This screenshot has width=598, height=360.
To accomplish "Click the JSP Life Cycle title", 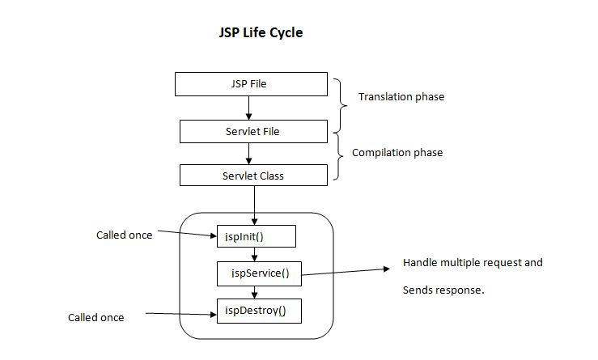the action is coord(261,33).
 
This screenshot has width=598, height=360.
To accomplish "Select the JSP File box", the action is coord(251,84).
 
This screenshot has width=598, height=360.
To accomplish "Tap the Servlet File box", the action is coord(253,132).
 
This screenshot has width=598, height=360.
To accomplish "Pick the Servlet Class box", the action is coord(253,176).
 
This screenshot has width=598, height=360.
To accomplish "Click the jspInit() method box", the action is coord(257,236).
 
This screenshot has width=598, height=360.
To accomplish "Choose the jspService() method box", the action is coord(259,273).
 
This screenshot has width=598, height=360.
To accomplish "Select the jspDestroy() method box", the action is coord(259,311).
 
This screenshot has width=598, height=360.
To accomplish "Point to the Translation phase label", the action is coord(401,97).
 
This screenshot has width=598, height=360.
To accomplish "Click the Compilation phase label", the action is coord(397,153).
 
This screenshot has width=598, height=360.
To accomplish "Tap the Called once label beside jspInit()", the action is coord(125,235).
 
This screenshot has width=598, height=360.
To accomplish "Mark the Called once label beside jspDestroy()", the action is coord(96,317).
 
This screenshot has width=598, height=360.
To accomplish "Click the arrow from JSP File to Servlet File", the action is coord(248,108).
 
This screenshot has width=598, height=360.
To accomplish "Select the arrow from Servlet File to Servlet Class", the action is coord(248,154).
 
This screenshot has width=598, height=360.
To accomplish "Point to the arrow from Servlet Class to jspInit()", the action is coord(254,205).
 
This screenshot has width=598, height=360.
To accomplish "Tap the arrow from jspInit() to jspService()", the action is coord(254,254).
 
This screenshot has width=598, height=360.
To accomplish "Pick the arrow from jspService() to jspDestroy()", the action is coord(254,292).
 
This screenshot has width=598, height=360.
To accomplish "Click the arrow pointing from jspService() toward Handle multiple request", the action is coord(346,272).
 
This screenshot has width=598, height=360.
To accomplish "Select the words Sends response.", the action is coord(443,290).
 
